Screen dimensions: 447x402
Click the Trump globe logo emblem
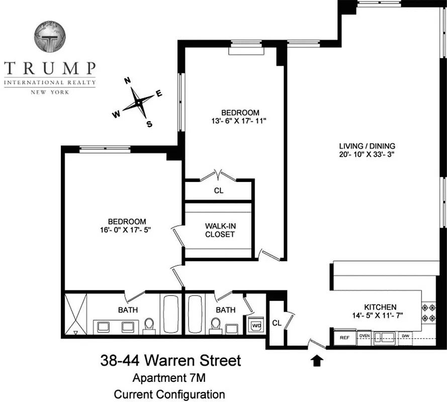[50, 37]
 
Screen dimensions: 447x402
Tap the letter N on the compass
[127, 80]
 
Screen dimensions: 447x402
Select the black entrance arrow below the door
[317, 360]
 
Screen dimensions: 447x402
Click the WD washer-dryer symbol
[256, 325]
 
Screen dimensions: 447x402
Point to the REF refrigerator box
[344, 338]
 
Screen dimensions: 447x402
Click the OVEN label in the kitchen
[365, 336]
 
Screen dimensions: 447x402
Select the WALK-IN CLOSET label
[220, 230]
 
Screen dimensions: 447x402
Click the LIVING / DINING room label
[367, 146]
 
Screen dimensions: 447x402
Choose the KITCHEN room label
[380, 307]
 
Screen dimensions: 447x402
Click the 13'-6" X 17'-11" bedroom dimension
[239, 121]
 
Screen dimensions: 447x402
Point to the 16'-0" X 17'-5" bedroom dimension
[125, 230]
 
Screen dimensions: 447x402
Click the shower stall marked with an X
[76, 314]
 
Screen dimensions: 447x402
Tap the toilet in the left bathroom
[149, 326]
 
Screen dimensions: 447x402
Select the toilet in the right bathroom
[216, 326]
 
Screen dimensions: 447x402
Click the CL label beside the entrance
[277, 323]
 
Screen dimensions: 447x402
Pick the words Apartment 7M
[169, 378]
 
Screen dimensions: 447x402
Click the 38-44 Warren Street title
[170, 360]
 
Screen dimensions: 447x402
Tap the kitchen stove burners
[428, 313]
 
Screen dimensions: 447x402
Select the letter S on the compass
[149, 124]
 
